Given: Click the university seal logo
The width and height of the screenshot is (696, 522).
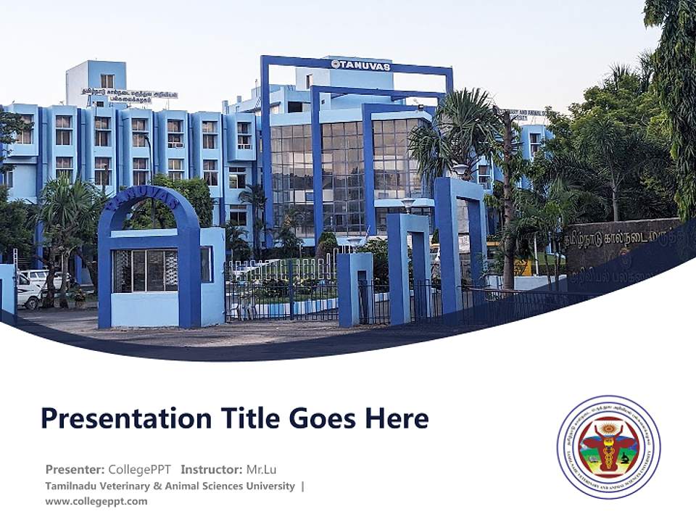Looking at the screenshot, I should (x=608, y=447).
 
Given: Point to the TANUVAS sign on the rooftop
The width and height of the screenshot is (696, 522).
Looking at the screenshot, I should (x=360, y=65).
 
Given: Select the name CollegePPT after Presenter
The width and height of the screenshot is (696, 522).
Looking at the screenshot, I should (x=139, y=469).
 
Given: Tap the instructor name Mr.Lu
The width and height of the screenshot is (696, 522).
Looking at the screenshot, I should (x=262, y=469).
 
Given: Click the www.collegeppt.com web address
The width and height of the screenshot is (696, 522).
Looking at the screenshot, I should (x=96, y=501).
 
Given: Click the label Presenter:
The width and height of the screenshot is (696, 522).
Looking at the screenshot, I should (x=75, y=469).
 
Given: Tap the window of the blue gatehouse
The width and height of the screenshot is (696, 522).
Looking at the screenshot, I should (x=146, y=270).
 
